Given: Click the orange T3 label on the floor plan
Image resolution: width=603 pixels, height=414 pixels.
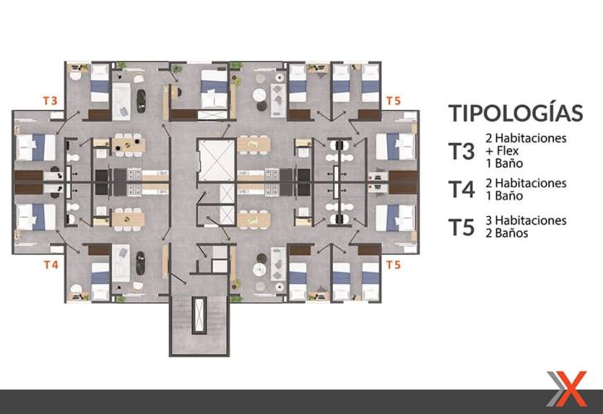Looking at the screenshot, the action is (50, 101).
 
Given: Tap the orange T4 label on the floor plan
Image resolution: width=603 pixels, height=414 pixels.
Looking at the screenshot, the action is (51, 265).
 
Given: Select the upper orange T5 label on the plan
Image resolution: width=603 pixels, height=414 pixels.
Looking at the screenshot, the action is (393, 101).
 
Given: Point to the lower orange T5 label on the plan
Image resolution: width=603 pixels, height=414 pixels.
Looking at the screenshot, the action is (393, 265).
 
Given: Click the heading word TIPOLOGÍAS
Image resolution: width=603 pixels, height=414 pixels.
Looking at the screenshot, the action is (516, 112).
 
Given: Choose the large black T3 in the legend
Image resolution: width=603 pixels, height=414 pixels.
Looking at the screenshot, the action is (461, 152).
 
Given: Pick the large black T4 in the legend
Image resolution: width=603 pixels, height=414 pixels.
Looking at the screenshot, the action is (461, 190).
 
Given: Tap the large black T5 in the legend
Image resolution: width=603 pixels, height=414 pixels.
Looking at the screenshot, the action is (461, 227).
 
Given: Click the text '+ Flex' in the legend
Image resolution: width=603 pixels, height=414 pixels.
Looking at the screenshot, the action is (502, 151).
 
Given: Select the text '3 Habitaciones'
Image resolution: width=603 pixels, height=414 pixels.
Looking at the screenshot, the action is (526, 220).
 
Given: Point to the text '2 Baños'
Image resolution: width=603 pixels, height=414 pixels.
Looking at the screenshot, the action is (506, 233).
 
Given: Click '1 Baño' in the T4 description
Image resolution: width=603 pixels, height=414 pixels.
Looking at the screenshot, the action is (504, 195).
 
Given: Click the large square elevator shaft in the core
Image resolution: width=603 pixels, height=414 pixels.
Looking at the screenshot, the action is (216, 160).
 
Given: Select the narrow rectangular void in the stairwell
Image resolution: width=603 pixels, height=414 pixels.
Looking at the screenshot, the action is (199, 315).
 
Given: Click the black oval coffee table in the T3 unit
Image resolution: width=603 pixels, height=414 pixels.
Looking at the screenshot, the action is (141, 101).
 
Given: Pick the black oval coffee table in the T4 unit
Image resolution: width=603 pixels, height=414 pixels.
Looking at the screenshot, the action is (141, 263).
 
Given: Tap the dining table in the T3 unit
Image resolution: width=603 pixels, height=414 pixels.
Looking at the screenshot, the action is (128, 145).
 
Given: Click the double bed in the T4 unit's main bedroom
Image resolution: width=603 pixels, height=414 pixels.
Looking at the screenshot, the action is (36, 217).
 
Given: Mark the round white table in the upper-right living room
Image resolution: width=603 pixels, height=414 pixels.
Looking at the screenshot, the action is (259, 94).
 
